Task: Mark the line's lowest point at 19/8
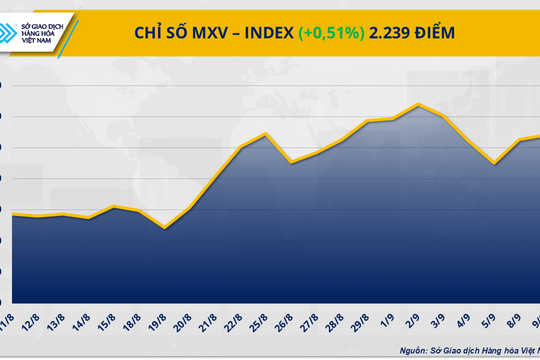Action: pos(165,228)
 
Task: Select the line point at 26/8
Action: pos(291,162)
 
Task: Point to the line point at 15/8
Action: pos(114,206)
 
